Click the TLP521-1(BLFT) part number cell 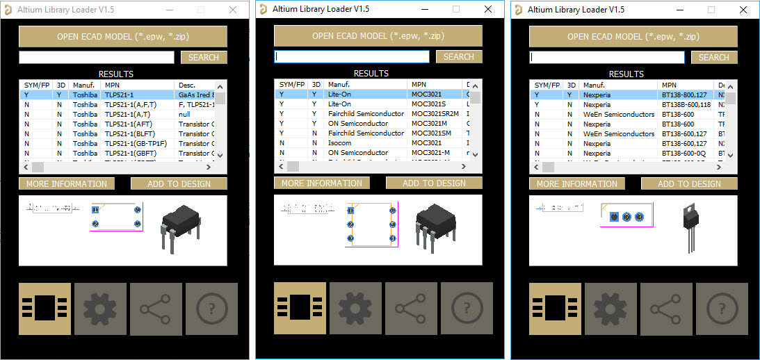pyautogui.click(x=129, y=133)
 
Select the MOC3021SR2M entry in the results pyautogui.click(x=435, y=113)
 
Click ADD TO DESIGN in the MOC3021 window pyautogui.click(x=434, y=183)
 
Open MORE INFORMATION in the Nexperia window pyautogui.click(x=576, y=183)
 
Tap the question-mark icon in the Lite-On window pyautogui.click(x=467, y=308)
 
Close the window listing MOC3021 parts pyautogui.click(x=488, y=9)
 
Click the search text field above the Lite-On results pyautogui.click(x=351, y=56)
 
